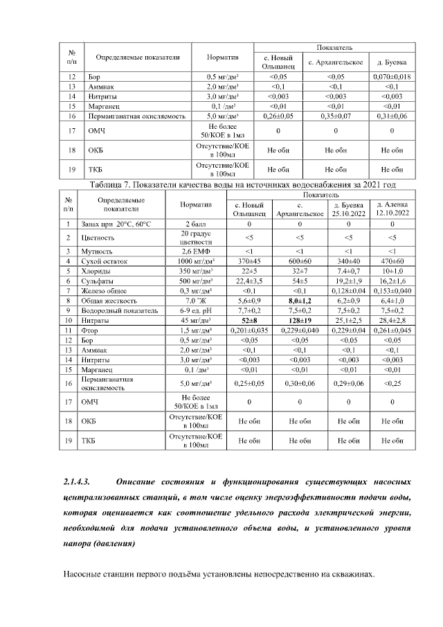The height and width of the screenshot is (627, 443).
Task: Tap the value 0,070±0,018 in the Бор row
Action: (392, 76)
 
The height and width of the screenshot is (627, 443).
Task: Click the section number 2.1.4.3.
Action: (78, 481)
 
